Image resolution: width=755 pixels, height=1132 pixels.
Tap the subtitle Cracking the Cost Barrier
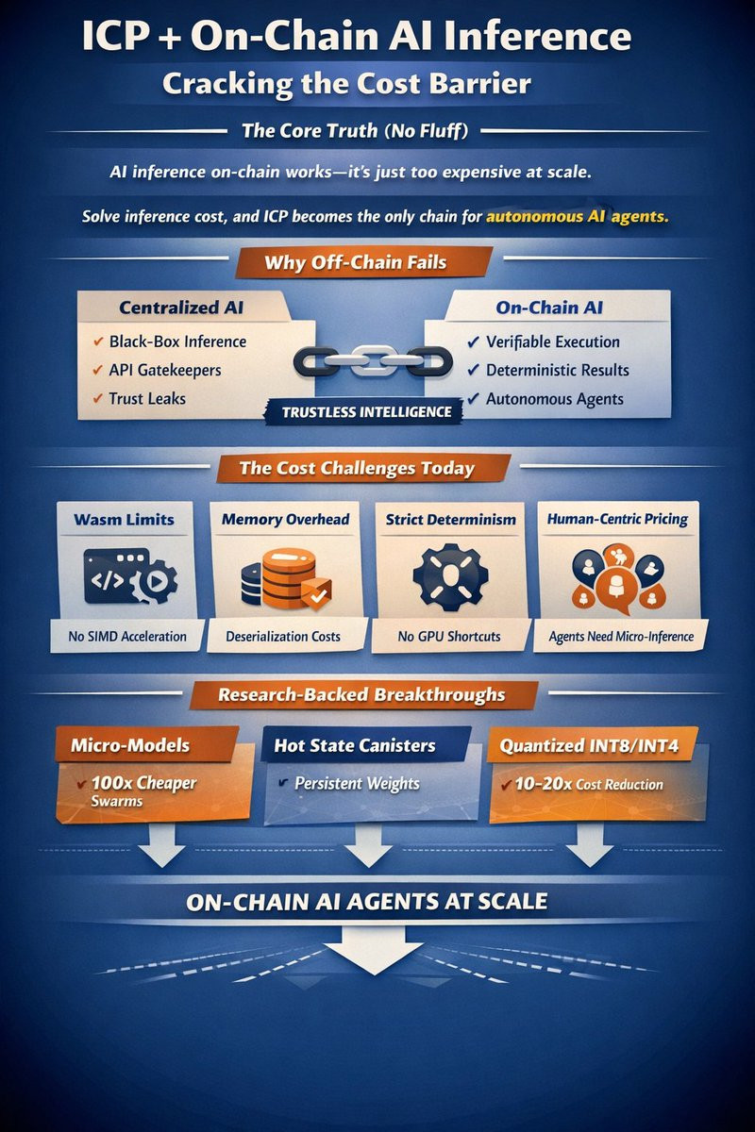click(346, 83)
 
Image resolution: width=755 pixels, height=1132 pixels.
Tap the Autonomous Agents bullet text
click(555, 398)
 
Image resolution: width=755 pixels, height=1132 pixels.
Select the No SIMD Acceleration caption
click(127, 637)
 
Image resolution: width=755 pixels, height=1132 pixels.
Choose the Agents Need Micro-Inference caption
click(621, 637)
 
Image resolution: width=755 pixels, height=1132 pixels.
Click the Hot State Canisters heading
click(355, 745)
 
